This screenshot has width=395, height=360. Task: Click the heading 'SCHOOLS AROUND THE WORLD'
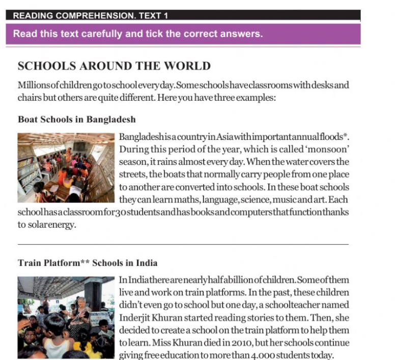[x=114, y=66]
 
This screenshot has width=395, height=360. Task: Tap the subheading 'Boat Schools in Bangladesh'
[x=77, y=120]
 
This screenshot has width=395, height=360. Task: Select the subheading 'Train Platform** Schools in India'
[x=88, y=263]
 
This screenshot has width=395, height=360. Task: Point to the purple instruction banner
[x=183, y=35]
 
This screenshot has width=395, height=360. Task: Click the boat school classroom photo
[x=66, y=168]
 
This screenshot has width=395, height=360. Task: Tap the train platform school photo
[x=66, y=317]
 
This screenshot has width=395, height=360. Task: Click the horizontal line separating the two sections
[x=183, y=245]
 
